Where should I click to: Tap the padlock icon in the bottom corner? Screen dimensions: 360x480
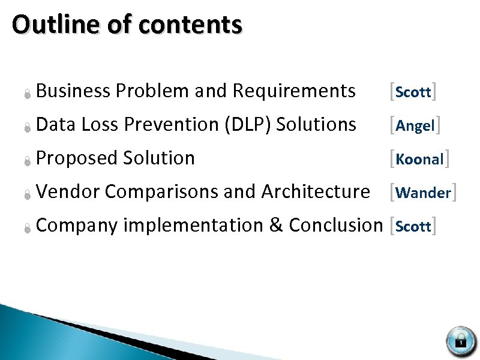coord(460,340)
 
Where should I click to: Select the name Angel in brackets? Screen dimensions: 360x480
coord(415,126)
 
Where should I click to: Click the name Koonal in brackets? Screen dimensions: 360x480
coord(419,160)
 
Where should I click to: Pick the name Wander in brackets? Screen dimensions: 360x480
coord(423,193)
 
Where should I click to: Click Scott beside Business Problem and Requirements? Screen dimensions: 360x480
coord(413,92)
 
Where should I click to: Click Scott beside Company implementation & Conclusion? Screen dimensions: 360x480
coord(413,227)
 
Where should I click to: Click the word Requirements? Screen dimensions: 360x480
coord(293,91)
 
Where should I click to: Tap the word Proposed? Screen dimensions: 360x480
coord(77,158)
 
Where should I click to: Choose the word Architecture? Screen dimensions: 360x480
coord(316,192)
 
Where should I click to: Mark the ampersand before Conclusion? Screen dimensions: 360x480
coord(276,226)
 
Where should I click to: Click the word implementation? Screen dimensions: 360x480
coord(193,226)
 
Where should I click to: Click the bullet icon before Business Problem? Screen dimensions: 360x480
coord(27,93)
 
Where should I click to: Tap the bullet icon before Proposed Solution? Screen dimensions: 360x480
coord(27,160)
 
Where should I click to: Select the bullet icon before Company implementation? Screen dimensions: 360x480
coord(27,227)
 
